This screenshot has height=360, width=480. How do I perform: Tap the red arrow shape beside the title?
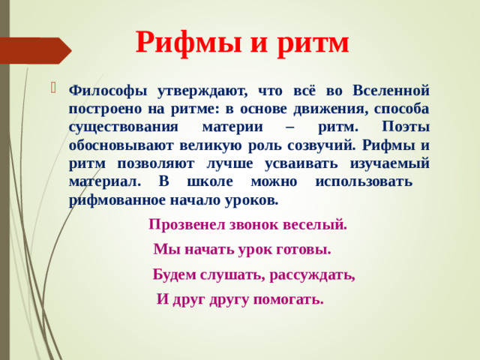coord(37,50)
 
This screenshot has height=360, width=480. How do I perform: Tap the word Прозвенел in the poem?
coord(186,223)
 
